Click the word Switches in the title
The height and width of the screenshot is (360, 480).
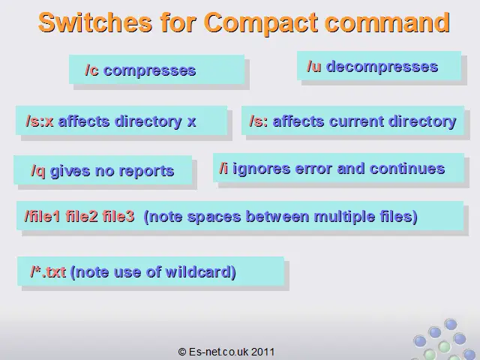point(95,22)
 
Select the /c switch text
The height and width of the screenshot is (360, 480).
point(91,70)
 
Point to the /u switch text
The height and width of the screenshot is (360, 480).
point(314,66)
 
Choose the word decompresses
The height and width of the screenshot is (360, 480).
point(382,67)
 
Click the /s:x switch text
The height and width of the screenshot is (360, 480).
point(40,121)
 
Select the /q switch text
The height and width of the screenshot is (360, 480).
point(38,171)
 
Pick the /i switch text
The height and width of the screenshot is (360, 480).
point(223,168)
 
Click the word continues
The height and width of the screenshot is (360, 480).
point(407,169)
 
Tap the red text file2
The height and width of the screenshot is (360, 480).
point(82,216)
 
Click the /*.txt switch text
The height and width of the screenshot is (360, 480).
point(48,271)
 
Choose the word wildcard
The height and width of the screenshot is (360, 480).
point(200,271)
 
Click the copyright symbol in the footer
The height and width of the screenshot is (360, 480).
point(181,352)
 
